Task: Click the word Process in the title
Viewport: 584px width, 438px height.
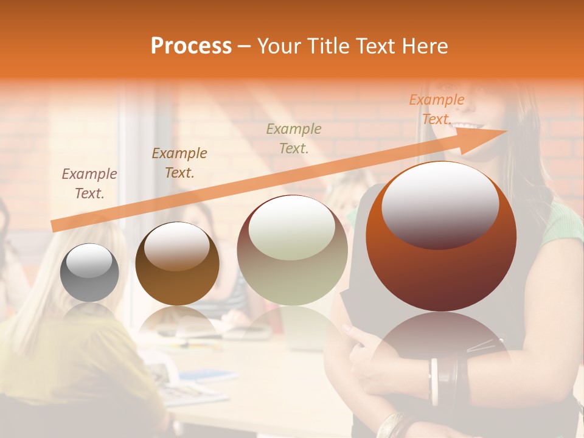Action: [191, 46]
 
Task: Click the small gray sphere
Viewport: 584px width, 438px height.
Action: [89, 273]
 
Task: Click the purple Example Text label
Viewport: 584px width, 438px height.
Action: [89, 183]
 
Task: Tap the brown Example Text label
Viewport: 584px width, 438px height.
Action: [179, 162]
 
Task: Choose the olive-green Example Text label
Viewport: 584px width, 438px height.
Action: [294, 138]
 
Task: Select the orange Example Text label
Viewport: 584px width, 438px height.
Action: [436, 109]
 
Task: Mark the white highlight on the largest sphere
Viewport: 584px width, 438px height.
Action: [440, 204]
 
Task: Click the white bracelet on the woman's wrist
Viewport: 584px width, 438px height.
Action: [434, 381]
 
